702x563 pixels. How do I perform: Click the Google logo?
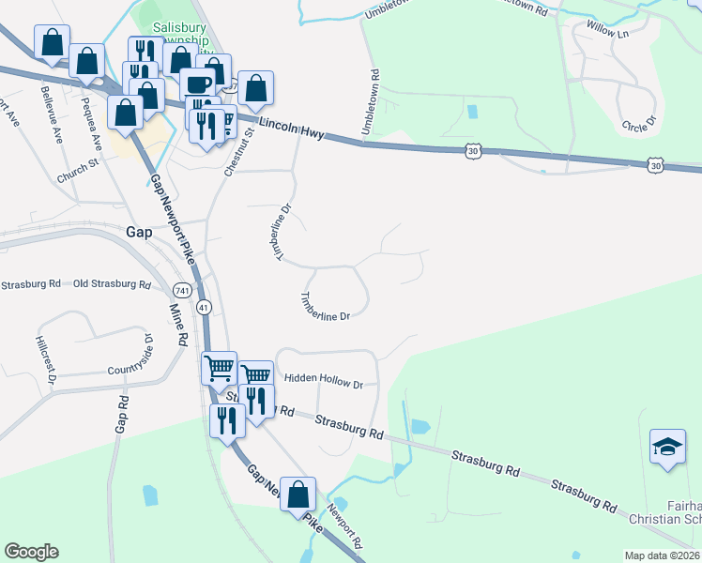(31, 552)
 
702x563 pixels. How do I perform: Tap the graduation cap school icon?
(667, 447)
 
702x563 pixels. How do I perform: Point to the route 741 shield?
(182, 290)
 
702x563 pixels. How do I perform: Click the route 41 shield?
(204, 307)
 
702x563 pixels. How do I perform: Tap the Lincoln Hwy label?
(291, 129)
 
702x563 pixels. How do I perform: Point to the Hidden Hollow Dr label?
(323, 384)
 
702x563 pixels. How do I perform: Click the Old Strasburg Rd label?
(112, 283)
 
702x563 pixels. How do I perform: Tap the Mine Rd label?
(177, 321)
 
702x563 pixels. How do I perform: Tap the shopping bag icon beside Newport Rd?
(298, 495)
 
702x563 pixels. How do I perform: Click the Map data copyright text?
(661, 555)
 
